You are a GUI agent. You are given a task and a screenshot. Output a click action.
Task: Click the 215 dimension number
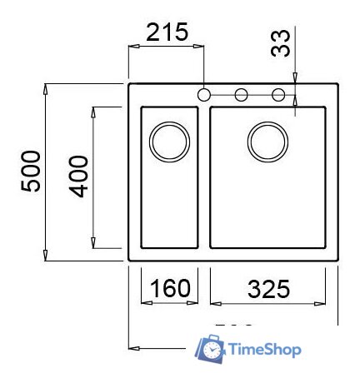point(167,32)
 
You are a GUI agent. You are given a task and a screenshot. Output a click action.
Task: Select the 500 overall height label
point(31,170)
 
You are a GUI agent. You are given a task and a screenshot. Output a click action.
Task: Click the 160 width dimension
point(169,289)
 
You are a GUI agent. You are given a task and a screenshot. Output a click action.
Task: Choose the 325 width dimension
point(268,289)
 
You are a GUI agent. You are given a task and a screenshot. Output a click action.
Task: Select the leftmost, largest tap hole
point(204,94)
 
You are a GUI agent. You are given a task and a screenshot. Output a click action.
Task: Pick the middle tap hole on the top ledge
point(241,94)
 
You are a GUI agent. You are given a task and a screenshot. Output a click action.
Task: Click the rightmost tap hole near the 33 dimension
point(278,94)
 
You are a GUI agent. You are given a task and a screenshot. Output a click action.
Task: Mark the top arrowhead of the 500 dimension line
point(48,87)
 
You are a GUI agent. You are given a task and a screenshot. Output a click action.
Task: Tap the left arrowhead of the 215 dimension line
point(132,47)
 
